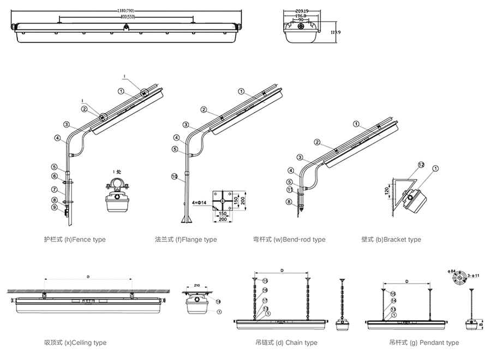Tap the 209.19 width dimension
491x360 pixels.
[x=301, y=10]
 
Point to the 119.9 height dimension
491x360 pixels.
[x=336, y=32]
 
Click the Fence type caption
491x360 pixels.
[x=75, y=239]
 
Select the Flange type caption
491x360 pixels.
[x=185, y=239]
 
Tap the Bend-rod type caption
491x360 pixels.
[x=289, y=239]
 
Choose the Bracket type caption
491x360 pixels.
[x=391, y=239]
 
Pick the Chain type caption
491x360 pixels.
[x=286, y=343]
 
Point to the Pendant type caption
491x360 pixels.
[x=424, y=343]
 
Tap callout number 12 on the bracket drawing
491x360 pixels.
[x=421, y=164]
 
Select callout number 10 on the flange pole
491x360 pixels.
[x=175, y=176]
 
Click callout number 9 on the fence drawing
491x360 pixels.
[x=55, y=207]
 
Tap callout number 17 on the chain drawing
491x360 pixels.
[x=265, y=301]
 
